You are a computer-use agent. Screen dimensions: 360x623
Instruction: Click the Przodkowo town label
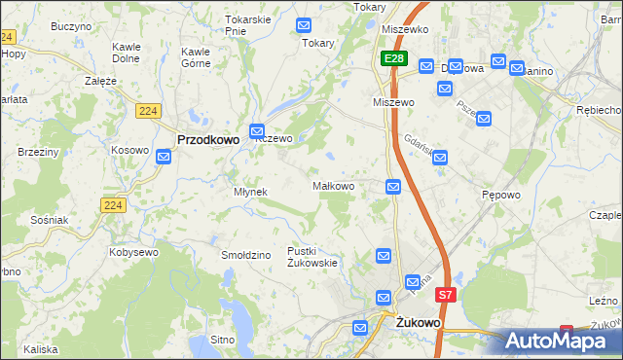coord(208,140)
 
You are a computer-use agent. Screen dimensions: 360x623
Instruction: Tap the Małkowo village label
coord(332,185)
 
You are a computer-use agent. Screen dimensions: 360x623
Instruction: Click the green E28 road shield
coord(392,60)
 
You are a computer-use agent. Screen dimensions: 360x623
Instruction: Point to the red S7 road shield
coord(445,294)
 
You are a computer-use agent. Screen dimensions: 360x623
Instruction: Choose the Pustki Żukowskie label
coord(311,257)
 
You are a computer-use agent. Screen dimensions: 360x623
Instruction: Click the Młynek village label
coord(250,192)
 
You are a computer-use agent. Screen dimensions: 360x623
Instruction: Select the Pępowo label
coord(501,195)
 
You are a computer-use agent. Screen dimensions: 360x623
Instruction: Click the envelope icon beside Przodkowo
coord(258,130)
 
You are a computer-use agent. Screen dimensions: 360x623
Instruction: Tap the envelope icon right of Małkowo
coord(393,187)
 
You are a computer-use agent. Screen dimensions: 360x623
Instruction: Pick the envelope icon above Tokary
coord(304,25)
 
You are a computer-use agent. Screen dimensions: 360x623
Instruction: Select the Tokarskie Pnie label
coord(247,24)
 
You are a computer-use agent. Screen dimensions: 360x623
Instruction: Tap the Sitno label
coord(223,341)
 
